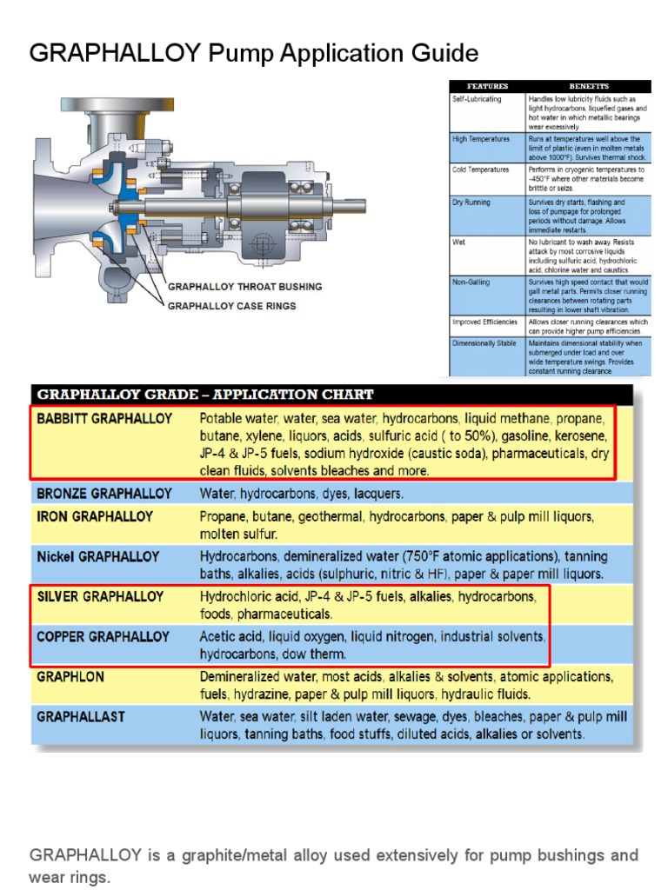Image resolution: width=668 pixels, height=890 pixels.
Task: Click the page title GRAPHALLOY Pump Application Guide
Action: coord(254,54)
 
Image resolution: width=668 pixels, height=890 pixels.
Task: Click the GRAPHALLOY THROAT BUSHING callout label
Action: coord(244,286)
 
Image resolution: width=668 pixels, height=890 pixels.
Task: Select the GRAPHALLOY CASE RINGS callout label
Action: coord(231,306)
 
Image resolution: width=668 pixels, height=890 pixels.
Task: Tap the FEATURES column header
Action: coord(487,86)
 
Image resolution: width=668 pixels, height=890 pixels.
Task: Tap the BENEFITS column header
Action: coord(589,86)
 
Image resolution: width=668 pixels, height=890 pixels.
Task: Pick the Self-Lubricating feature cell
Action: coord(477,99)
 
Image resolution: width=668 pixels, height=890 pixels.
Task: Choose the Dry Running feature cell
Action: coord(471,203)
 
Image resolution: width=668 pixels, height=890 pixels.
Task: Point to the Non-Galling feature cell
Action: coord(471,282)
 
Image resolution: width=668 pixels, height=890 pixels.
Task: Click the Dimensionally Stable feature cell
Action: coord(484,343)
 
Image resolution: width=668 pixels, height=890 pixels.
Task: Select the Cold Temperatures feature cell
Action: coord(481,169)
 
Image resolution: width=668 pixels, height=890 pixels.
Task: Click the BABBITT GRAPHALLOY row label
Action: coord(104,418)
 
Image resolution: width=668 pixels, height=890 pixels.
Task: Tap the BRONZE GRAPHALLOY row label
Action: coord(104,494)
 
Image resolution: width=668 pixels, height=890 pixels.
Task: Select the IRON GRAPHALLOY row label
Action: coord(95,516)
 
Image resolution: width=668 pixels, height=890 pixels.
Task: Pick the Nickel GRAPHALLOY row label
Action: coord(98,556)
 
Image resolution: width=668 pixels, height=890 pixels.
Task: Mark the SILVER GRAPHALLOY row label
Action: coord(100,597)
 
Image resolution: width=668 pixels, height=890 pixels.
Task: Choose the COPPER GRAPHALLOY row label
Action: coord(103,637)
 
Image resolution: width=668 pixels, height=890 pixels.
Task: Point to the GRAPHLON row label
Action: coord(70,676)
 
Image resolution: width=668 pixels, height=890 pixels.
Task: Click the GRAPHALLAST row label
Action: coord(81,717)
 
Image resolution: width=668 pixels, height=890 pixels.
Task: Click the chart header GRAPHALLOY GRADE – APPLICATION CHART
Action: coord(205,394)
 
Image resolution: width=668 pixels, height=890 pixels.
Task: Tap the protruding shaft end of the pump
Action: coord(352,206)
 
